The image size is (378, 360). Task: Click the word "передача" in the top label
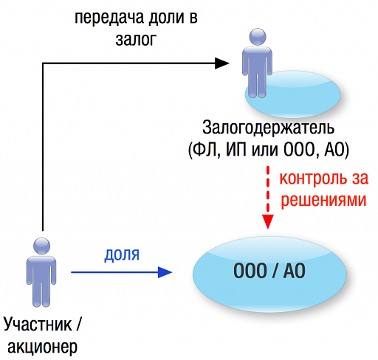[x=109, y=18]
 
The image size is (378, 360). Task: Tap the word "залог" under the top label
[x=136, y=39]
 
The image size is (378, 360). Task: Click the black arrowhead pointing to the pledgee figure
[x=222, y=63]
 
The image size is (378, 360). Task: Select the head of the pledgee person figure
[x=258, y=37]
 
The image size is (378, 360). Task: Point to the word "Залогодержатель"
[x=268, y=128]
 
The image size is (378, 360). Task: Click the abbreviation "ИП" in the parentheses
[x=236, y=149]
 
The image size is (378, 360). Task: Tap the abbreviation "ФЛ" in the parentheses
[x=206, y=150]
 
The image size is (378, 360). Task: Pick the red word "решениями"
[x=323, y=200]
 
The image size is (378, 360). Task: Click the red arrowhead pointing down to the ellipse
[x=268, y=222]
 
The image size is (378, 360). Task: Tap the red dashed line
[x=268, y=190]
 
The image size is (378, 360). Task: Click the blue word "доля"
[x=122, y=255]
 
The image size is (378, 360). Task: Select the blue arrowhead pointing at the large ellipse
[x=165, y=272]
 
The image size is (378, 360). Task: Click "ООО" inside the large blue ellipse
[x=250, y=271]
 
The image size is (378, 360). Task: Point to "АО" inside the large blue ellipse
[x=295, y=271]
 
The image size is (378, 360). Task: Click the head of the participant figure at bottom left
[x=41, y=246]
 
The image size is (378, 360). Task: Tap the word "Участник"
[x=38, y=325]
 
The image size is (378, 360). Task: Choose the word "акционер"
[x=42, y=347]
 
